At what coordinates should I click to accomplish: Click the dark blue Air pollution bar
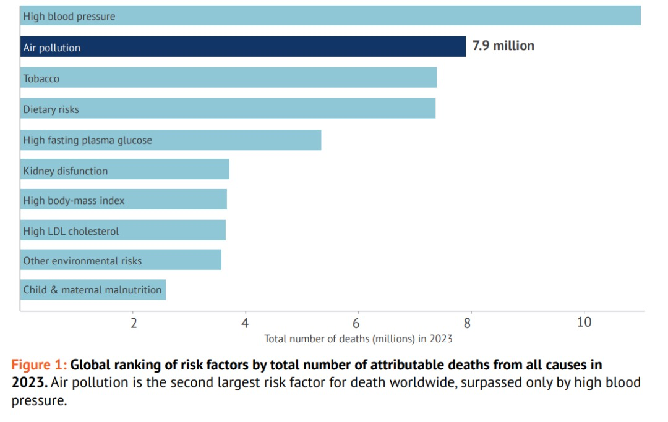point(242,47)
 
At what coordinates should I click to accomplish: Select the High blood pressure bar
point(330,16)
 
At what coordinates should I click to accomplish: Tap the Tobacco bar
point(228,78)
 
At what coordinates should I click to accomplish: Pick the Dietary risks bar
point(228,109)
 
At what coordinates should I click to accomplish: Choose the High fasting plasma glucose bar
point(171,140)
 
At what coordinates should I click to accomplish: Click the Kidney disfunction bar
point(124,170)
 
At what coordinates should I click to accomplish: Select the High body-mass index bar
point(123,200)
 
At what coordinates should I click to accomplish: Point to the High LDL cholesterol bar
point(122,230)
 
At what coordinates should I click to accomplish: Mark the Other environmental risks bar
point(121,260)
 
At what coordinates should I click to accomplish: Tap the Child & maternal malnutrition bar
point(93,289)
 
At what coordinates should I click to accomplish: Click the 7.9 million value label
point(503,46)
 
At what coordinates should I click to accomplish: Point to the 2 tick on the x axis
point(133,323)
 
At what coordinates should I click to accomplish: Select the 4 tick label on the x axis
point(245,323)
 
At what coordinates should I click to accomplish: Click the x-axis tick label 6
point(356,323)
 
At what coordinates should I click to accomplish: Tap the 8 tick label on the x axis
point(468,323)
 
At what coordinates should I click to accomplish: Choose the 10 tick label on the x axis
point(583,323)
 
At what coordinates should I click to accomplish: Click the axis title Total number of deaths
point(358,339)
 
